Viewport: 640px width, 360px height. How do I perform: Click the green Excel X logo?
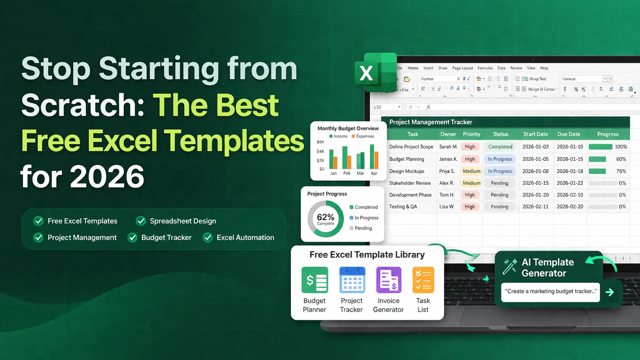pyautogui.click(x=375, y=73)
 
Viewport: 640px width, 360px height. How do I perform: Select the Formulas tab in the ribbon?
pyautogui.click(x=485, y=68)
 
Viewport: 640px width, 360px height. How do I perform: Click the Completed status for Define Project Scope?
pyautogui.click(x=500, y=147)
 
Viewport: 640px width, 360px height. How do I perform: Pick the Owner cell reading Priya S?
pyautogui.click(x=447, y=171)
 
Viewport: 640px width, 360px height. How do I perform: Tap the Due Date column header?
pyautogui.click(x=568, y=134)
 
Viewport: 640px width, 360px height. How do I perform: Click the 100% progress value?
pyautogui.click(x=620, y=147)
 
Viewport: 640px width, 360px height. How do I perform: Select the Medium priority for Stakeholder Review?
pyautogui.click(x=471, y=183)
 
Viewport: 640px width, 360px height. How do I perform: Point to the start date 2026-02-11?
pyautogui.click(x=535, y=206)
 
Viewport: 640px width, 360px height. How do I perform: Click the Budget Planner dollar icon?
pyautogui.click(x=315, y=280)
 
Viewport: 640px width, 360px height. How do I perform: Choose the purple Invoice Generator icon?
pyautogui.click(x=388, y=280)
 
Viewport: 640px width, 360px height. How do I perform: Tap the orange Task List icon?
pyautogui.click(x=423, y=280)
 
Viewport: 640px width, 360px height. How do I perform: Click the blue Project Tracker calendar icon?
pyautogui.click(x=352, y=280)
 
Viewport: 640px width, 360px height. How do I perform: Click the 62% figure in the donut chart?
pyautogui.click(x=326, y=218)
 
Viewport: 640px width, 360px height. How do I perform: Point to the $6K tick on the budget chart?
pyautogui.click(x=320, y=142)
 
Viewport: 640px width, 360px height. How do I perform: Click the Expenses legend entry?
pyautogui.click(x=364, y=136)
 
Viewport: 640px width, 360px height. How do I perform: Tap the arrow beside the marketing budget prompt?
pyautogui.click(x=610, y=292)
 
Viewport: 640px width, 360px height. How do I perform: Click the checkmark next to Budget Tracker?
pyautogui.click(x=133, y=237)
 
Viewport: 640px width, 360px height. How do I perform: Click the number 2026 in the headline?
pyautogui.click(x=107, y=177)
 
